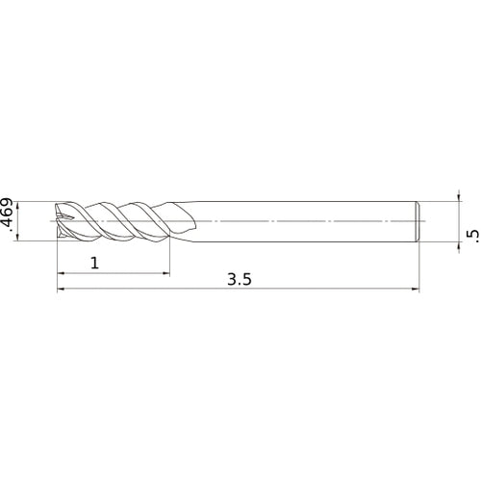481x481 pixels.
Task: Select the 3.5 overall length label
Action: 240,280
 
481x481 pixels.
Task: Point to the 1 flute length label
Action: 95,264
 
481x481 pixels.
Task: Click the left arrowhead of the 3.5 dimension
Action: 61,289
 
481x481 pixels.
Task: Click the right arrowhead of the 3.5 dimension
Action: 416,289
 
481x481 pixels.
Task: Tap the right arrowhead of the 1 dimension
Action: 166,273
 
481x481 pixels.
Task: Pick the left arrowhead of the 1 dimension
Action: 61,273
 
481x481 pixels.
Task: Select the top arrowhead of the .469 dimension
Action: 17,206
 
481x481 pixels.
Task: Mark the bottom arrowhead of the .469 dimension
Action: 17,237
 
